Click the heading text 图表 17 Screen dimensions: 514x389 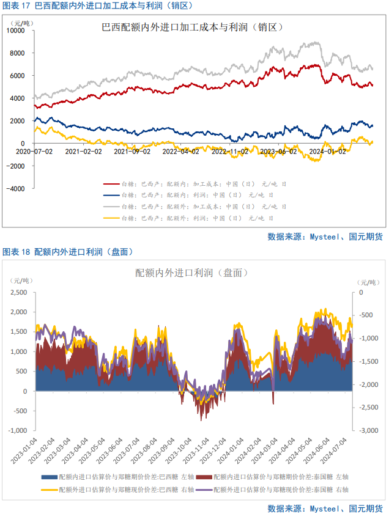[17, 6]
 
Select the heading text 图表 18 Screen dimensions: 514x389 [17, 251]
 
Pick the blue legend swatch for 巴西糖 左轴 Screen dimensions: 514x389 [49, 477]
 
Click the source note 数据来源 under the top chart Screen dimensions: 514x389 [324, 237]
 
